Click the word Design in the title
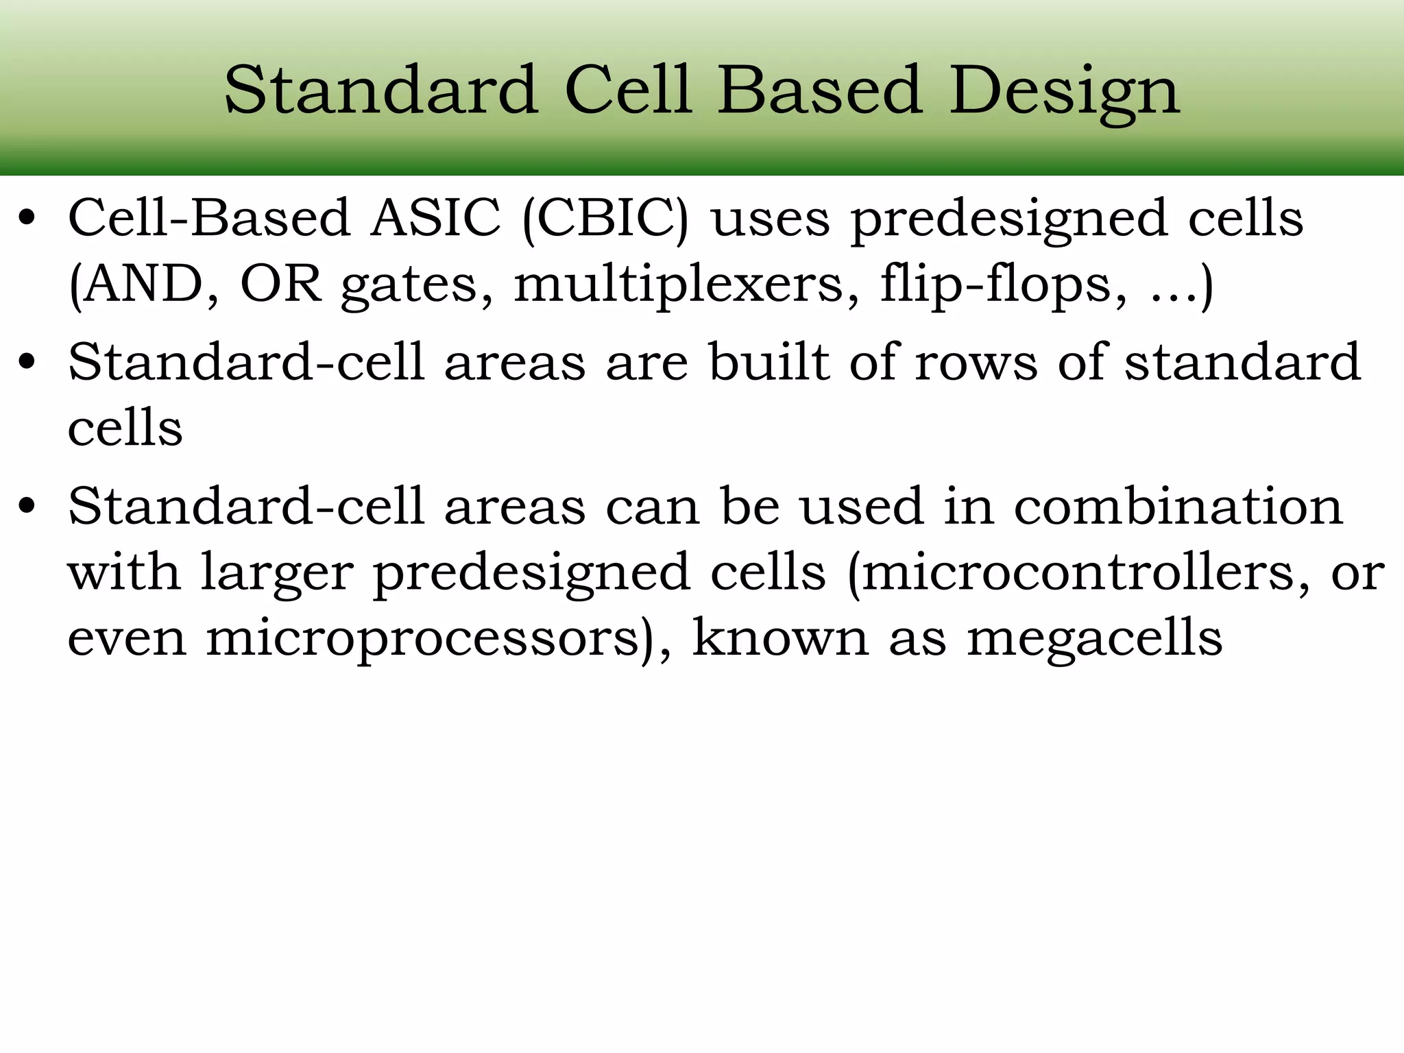1064,91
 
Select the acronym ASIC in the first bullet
436,219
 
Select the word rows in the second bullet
976,363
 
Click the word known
780,638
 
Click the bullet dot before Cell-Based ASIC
27,220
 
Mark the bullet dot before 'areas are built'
27,363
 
